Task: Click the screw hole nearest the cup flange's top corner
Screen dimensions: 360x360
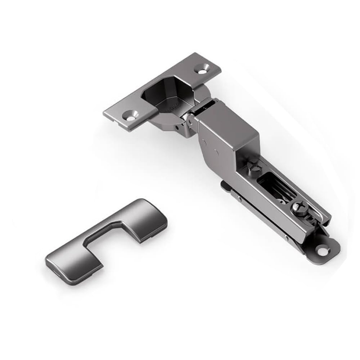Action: point(203,69)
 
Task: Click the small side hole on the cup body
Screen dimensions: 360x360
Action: point(176,127)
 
